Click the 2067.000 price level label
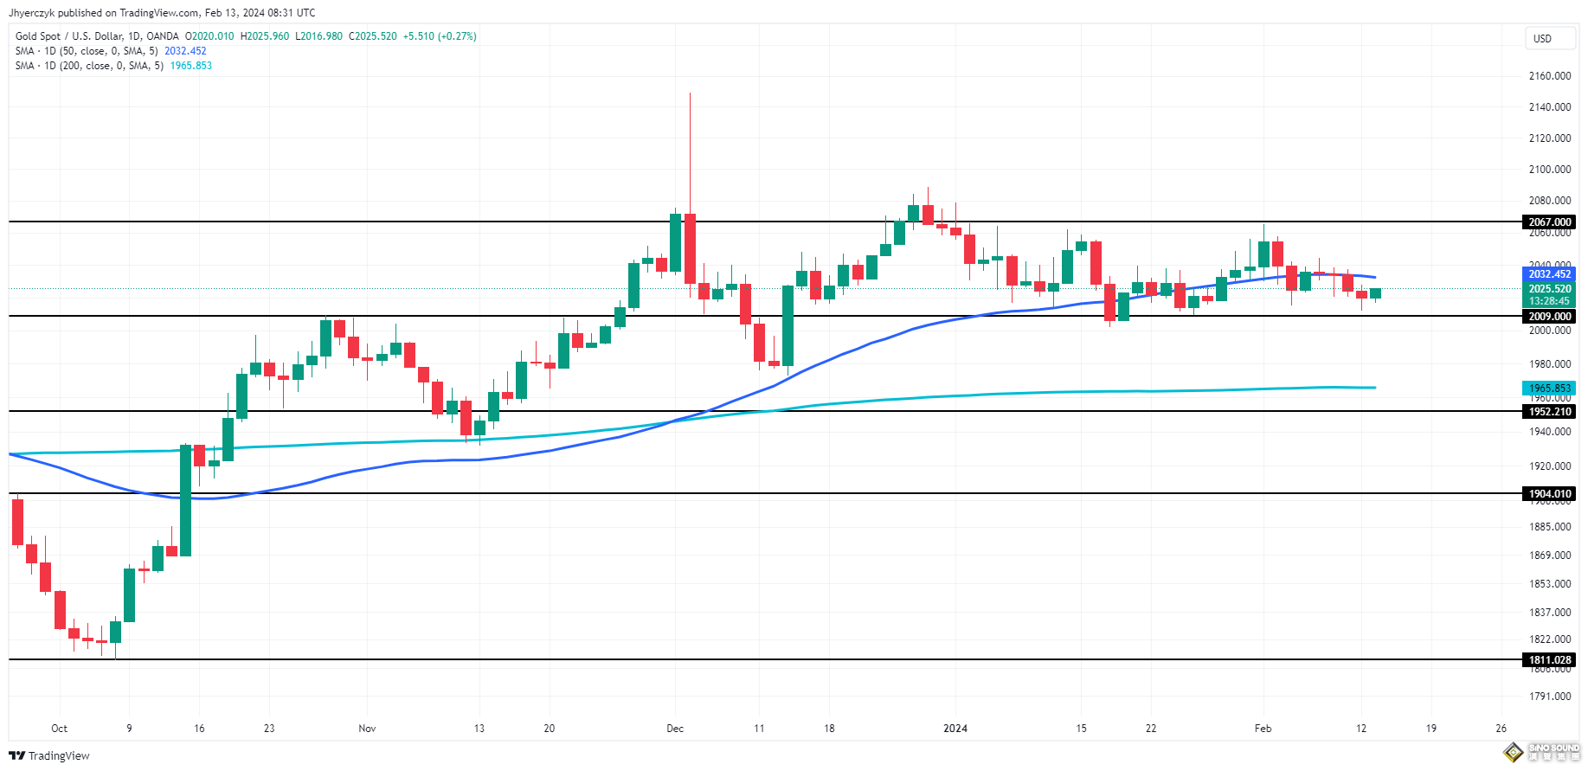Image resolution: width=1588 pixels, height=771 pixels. click(1549, 222)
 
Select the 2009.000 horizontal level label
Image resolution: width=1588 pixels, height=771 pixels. click(1549, 317)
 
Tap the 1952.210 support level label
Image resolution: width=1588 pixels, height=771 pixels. click(1549, 412)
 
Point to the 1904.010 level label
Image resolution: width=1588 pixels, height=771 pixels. click(1549, 494)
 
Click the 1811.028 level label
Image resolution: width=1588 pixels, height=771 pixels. click(1549, 660)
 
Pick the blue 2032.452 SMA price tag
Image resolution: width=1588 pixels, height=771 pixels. click(1549, 274)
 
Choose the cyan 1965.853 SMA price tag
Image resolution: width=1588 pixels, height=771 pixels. click(1549, 389)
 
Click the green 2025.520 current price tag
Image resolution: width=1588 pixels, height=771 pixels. click(1549, 289)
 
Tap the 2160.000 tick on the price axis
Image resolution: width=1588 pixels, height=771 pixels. click(1549, 76)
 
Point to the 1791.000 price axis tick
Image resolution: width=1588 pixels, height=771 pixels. click(1549, 697)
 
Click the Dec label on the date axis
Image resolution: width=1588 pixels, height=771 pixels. click(675, 729)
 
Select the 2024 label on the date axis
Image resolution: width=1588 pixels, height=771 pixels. click(955, 729)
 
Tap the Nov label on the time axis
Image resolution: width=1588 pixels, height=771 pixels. click(367, 729)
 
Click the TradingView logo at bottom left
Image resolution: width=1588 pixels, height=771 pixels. click(49, 756)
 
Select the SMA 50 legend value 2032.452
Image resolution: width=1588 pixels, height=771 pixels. click(185, 51)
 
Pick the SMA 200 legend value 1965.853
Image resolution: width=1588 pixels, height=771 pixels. click(190, 66)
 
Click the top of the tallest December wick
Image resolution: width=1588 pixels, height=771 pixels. click(690, 93)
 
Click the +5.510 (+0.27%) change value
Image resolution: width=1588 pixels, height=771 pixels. click(440, 36)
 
